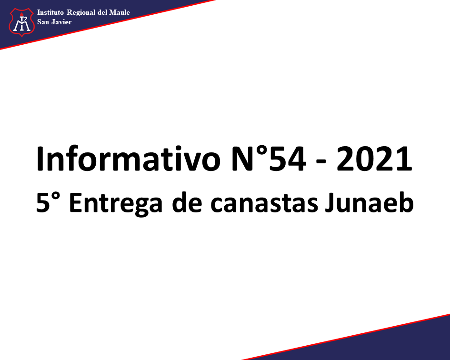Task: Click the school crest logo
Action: tap(22, 22)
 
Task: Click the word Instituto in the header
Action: tap(50, 12)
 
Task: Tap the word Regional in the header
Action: tap(81, 13)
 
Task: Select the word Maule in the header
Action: tap(120, 12)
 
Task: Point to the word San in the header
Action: tap(43, 22)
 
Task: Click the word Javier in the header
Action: tap(61, 22)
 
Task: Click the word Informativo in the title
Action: tap(128, 159)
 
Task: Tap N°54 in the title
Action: tap(269, 159)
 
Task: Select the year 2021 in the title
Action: tap(374, 159)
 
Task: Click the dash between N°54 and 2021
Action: tap(321, 162)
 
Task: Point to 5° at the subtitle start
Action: tap(49, 202)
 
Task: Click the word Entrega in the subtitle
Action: tap(116, 204)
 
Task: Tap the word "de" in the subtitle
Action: tap(187, 202)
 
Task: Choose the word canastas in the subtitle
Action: tap(264, 203)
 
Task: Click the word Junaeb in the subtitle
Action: tap(369, 202)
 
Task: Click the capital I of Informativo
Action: tap(40, 159)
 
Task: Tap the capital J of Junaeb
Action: tap(330, 203)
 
